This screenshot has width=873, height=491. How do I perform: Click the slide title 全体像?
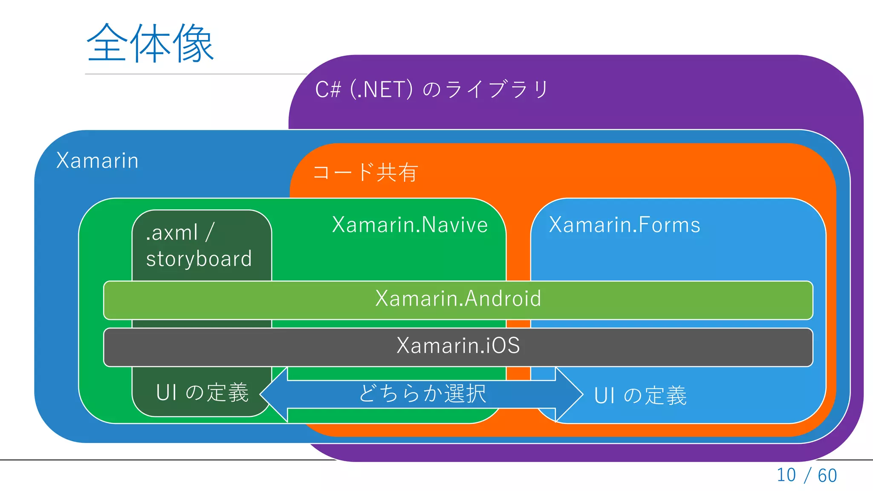(150, 43)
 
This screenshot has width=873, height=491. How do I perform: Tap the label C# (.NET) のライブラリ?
(431, 90)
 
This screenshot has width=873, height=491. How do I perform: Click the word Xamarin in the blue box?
(97, 161)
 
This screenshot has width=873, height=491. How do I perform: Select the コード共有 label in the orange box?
(365, 172)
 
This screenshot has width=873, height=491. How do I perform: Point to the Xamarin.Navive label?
(410, 225)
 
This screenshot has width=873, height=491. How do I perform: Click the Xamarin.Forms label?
(624, 225)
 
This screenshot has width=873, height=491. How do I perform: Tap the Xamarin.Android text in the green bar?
(458, 298)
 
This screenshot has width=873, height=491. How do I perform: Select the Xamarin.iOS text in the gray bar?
(458, 345)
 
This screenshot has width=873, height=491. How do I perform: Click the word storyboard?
(199, 259)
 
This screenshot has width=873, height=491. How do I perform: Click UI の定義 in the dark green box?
(202, 393)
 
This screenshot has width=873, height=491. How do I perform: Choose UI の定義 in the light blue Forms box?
(640, 396)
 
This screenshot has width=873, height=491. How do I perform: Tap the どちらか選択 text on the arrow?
(422, 393)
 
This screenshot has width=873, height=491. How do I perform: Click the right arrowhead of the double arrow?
(569, 394)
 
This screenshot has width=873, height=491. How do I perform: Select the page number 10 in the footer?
(786, 475)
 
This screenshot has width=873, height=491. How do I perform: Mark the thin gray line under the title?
(192, 74)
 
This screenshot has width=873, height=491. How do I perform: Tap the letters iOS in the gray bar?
(503, 345)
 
